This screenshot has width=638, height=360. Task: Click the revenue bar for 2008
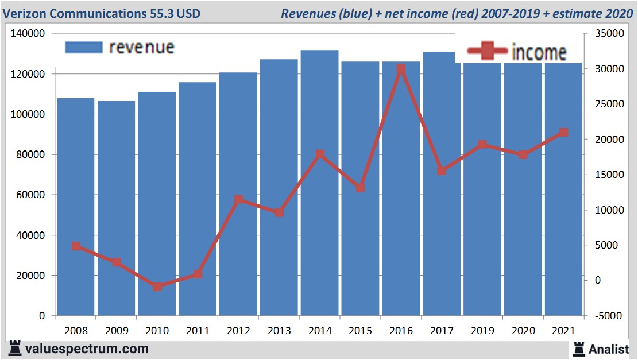click(x=75, y=207)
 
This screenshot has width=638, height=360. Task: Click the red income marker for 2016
click(x=401, y=69)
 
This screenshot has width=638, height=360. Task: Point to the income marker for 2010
click(x=157, y=287)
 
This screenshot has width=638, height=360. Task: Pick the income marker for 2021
click(x=563, y=133)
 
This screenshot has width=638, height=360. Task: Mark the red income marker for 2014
click(x=320, y=154)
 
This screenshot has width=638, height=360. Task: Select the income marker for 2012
click(x=238, y=200)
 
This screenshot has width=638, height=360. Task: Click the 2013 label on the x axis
click(x=279, y=331)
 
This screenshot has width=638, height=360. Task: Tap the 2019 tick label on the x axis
click(x=482, y=331)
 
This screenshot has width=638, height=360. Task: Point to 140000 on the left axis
click(x=28, y=34)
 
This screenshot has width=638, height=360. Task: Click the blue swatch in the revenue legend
click(x=83, y=47)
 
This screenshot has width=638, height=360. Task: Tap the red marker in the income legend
click(x=487, y=52)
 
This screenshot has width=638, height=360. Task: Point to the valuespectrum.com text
click(x=87, y=349)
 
